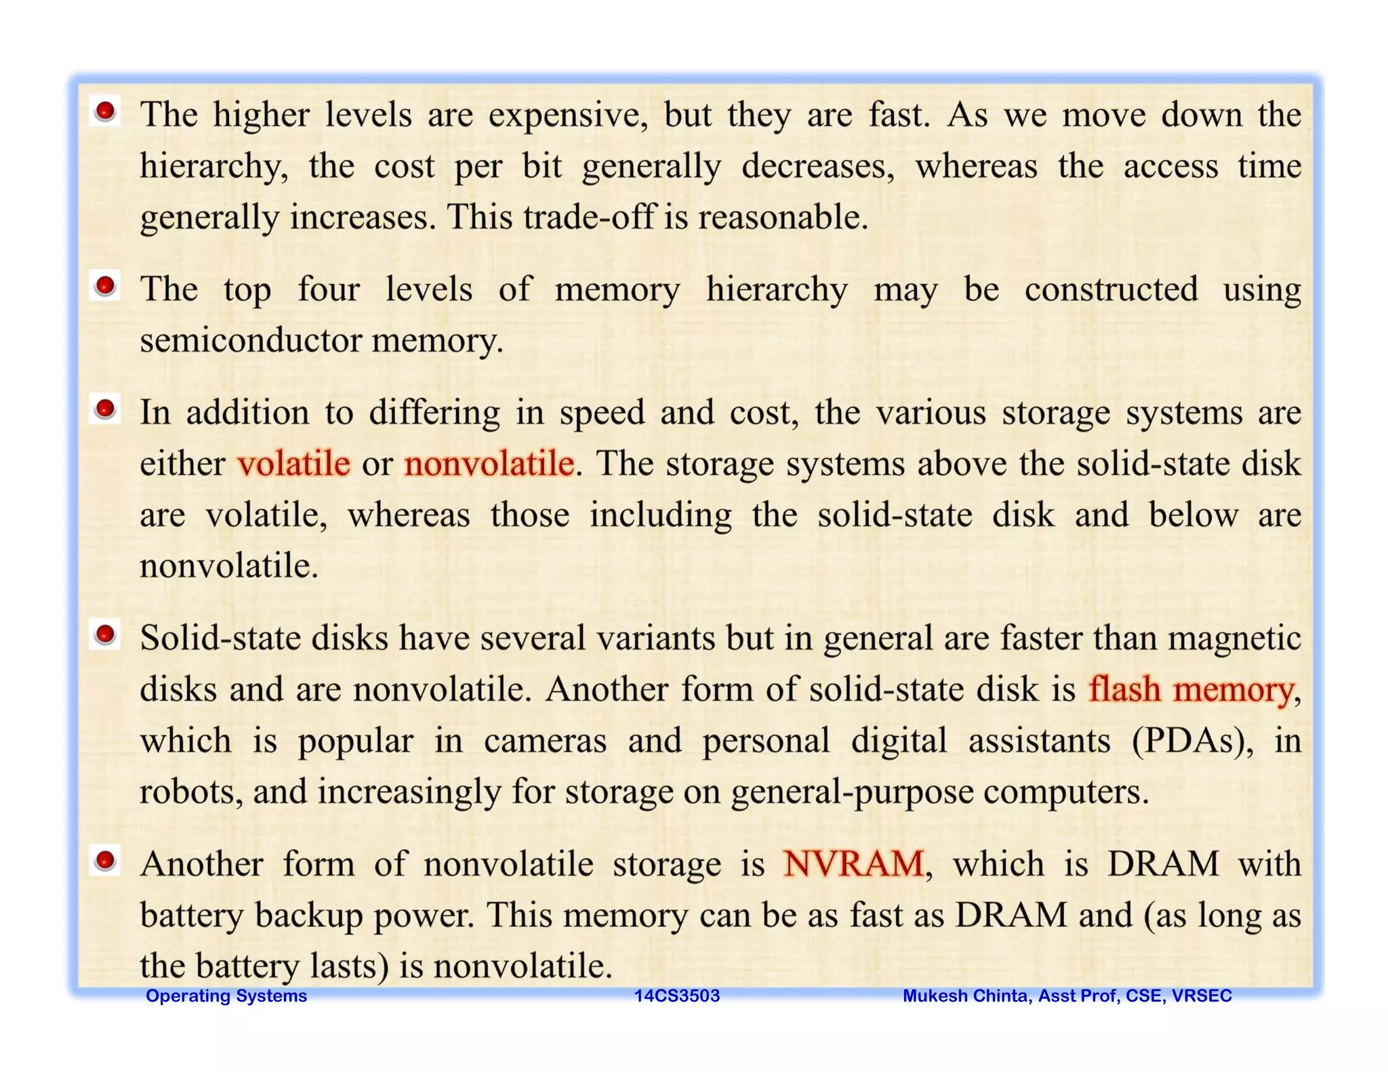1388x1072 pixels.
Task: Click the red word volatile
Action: (293, 464)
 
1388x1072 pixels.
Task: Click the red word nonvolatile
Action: (489, 464)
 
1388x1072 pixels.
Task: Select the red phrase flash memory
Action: (1191, 690)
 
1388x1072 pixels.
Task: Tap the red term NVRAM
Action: (853, 864)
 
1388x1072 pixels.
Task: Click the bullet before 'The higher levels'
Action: (105, 111)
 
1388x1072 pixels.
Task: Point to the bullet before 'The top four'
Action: (105, 286)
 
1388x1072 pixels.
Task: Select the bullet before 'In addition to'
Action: (105, 409)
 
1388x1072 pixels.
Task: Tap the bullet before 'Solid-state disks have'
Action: (105, 635)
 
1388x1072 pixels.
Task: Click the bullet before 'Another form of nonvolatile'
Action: (105, 861)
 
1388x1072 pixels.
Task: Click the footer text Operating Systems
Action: (226, 995)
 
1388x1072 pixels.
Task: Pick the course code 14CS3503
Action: (676, 995)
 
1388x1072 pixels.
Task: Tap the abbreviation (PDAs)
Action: (1192, 741)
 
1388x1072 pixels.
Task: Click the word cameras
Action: (545, 741)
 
